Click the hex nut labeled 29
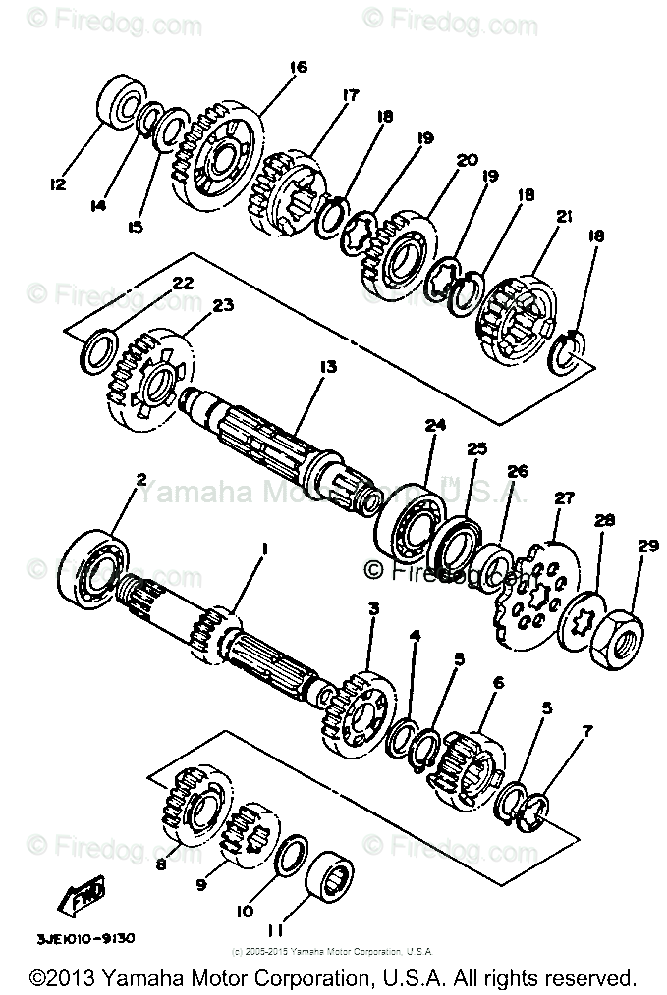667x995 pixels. tap(616, 645)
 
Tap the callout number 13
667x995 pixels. tap(326, 366)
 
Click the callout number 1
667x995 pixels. tap(262, 551)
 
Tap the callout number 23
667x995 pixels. tap(223, 306)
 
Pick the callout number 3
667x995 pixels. tap(373, 609)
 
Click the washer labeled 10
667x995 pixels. tap(288, 854)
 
